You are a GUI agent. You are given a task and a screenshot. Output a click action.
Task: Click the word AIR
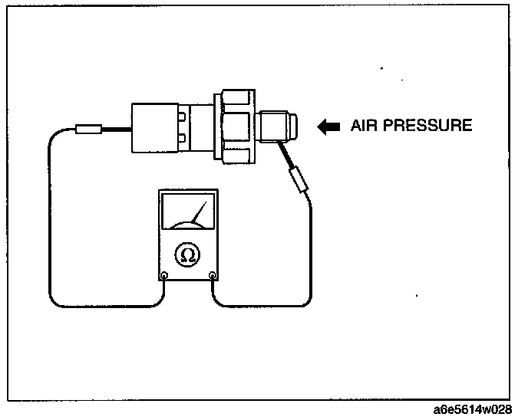point(364,126)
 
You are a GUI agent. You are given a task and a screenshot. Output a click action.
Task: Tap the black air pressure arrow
point(329,126)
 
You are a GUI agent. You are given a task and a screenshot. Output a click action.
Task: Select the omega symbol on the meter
point(187,254)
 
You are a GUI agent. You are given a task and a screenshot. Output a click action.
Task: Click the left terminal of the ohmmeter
point(163,276)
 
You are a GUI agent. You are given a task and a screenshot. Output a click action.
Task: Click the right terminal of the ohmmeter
point(213,276)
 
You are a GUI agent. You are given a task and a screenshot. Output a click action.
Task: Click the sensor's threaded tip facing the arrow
point(277,126)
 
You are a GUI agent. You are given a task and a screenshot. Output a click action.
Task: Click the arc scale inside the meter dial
point(186,223)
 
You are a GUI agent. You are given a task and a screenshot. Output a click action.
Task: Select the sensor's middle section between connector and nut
point(201,127)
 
